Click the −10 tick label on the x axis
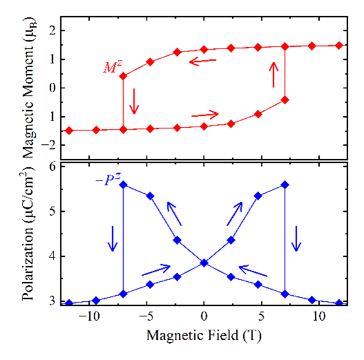90,315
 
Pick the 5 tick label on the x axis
261,315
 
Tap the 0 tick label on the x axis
204,315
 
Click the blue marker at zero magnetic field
204,262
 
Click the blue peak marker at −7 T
123,184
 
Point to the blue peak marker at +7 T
285,184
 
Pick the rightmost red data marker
340,45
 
